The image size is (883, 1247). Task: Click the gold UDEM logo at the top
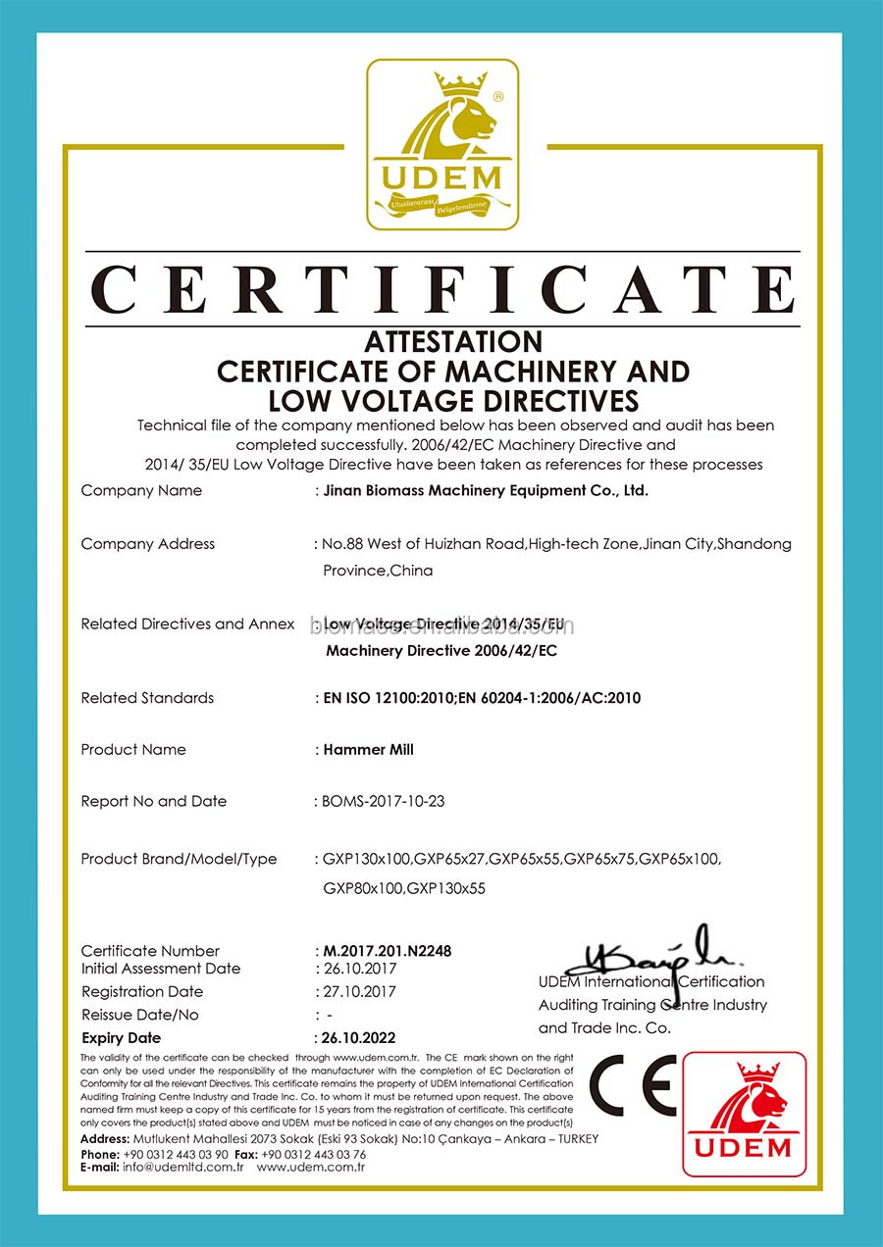point(442,144)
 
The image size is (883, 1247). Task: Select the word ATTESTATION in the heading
point(453,341)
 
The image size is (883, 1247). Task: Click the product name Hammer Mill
point(369,749)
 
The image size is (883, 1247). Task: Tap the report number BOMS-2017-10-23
point(384,801)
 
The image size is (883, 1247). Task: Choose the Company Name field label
point(141,490)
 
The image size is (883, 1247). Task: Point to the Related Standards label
point(147,698)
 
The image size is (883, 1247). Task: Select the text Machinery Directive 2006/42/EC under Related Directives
point(441,650)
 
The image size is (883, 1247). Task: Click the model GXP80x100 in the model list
point(363,888)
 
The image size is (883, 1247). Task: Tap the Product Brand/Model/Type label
point(179,859)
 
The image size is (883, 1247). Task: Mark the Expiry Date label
point(121,1037)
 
